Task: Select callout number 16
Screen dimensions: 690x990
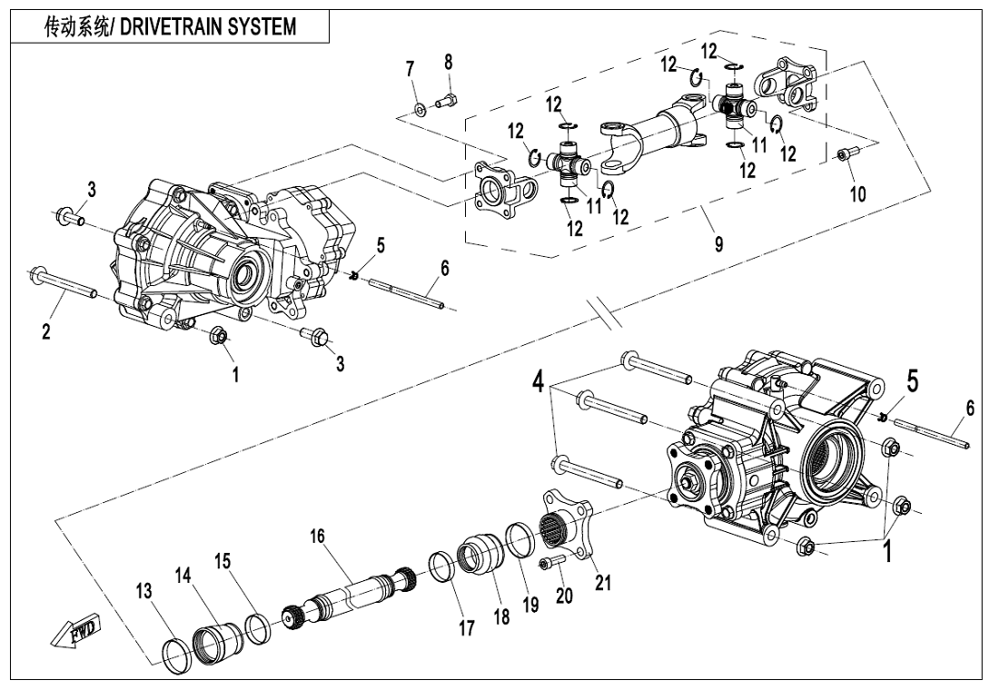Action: click(x=317, y=537)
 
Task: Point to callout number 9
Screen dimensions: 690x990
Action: click(x=718, y=245)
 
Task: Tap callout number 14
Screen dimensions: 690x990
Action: click(x=184, y=575)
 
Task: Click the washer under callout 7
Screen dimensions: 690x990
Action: click(x=421, y=110)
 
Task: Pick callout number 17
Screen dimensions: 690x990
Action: click(x=466, y=627)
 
